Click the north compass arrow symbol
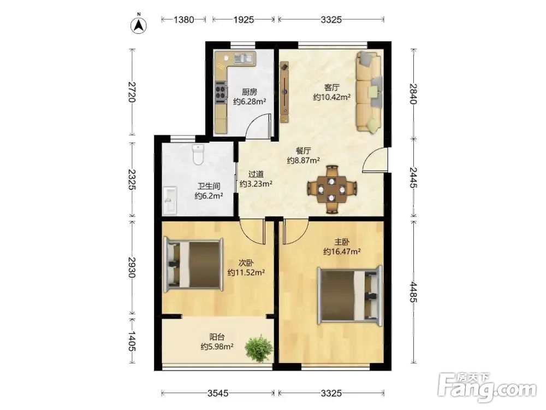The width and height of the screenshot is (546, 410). [139, 25]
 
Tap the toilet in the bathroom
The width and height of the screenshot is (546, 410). [198, 154]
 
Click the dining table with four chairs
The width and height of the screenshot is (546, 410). [331, 189]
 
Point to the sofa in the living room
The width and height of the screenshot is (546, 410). [369, 92]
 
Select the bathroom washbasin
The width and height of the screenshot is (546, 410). [170, 200]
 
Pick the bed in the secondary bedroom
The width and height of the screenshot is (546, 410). [193, 264]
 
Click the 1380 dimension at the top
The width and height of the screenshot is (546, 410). [183, 20]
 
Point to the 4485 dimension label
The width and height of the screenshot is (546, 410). [413, 292]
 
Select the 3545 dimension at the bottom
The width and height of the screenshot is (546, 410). [218, 393]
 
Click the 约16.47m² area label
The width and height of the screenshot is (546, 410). [342, 251]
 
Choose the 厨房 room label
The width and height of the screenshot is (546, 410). [250, 92]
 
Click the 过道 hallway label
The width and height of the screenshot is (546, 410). [256, 174]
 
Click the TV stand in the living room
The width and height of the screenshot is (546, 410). [285, 92]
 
